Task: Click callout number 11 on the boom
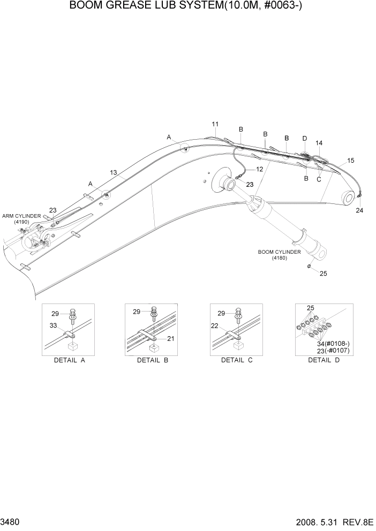[x=215, y=124]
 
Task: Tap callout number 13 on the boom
[x=114, y=172]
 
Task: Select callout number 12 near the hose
[x=259, y=169]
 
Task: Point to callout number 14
[x=319, y=143]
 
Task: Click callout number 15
[x=350, y=160]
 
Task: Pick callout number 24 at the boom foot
[x=359, y=210]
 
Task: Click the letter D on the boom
[x=304, y=139]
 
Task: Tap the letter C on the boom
[x=319, y=179]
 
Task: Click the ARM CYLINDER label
[x=21, y=218]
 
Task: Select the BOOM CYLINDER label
[x=279, y=255]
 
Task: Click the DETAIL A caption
[x=70, y=360]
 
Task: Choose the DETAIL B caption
[x=153, y=360]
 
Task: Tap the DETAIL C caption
[x=236, y=360]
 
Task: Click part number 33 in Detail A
[x=54, y=325]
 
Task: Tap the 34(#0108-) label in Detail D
[x=333, y=343]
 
